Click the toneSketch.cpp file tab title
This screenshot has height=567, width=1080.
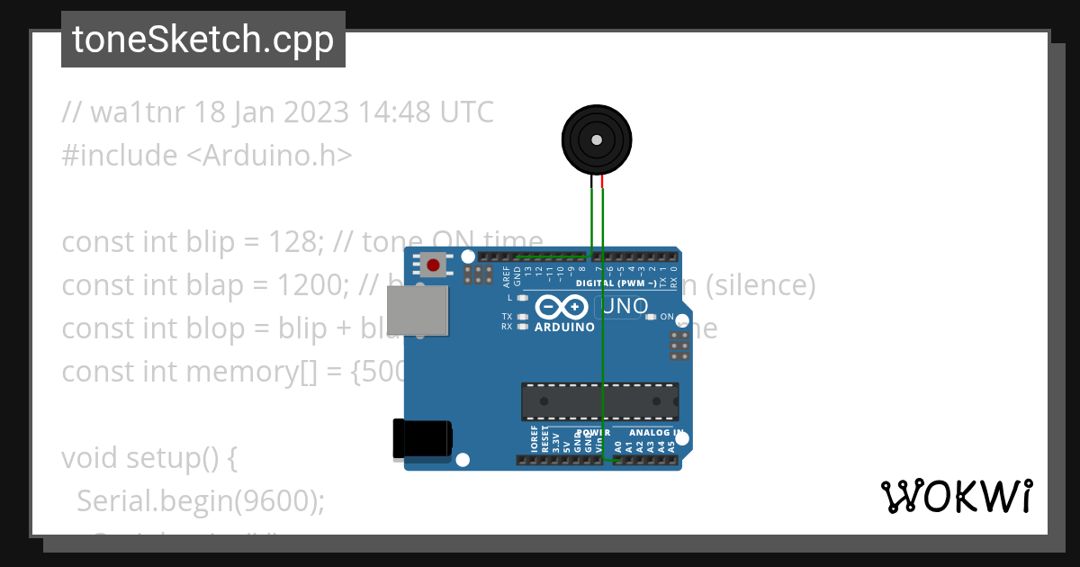[202, 40]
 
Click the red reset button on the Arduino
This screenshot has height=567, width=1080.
[434, 265]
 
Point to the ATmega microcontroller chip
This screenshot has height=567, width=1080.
[600, 401]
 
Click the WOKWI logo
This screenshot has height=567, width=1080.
[956, 496]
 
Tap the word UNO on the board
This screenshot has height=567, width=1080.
[626, 306]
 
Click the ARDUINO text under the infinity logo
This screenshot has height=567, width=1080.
[564, 328]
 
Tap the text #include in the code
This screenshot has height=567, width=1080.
[120, 156]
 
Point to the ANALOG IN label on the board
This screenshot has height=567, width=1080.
[654, 432]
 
